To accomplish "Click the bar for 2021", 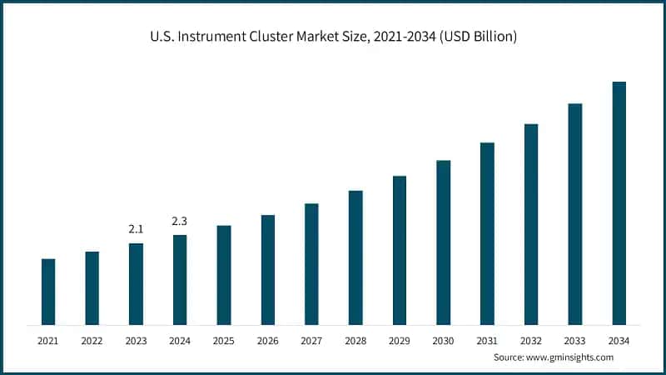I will click(x=48, y=292).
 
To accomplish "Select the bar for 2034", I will click(x=619, y=203).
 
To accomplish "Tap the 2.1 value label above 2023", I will click(x=136, y=228).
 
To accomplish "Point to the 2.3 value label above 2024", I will click(x=180, y=221).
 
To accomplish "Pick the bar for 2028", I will click(x=355, y=257).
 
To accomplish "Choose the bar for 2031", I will click(x=487, y=233).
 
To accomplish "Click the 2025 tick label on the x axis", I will click(x=224, y=340).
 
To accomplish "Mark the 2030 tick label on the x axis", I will click(x=444, y=340).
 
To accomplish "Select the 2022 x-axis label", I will click(x=92, y=340).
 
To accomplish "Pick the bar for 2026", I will click(x=268, y=270).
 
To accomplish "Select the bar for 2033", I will click(x=575, y=214).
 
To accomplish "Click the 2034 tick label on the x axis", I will click(x=619, y=340).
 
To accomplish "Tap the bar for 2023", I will click(x=136, y=284).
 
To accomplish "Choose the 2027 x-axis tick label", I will click(x=311, y=340).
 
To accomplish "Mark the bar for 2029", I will click(x=400, y=250).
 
